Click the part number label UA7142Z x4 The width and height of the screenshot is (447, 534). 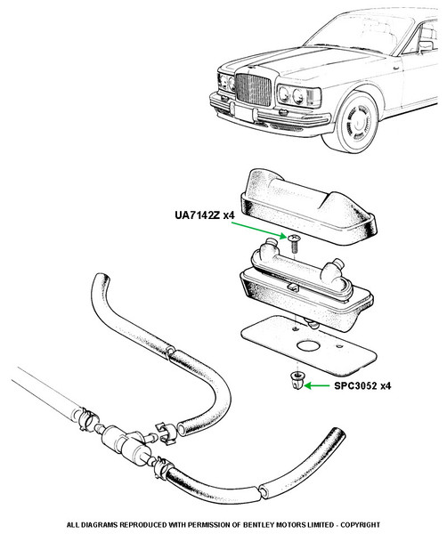click(x=205, y=215)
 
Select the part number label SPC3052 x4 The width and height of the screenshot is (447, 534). click(x=362, y=386)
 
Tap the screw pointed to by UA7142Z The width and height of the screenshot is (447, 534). click(x=294, y=243)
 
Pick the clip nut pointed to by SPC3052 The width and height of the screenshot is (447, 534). click(x=297, y=381)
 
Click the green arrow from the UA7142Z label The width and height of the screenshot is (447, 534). click(x=258, y=231)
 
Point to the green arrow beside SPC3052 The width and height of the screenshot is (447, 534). click(x=317, y=386)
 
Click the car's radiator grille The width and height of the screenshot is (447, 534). click(x=253, y=89)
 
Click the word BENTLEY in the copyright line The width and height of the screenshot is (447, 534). click(x=258, y=524)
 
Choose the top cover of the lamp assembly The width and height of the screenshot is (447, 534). click(x=308, y=206)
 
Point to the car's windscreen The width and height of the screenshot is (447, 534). click(x=362, y=33)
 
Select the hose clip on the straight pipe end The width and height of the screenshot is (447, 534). click(x=88, y=418)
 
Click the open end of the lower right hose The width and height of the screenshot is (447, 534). click(x=337, y=433)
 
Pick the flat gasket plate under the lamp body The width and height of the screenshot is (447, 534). click(x=309, y=344)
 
